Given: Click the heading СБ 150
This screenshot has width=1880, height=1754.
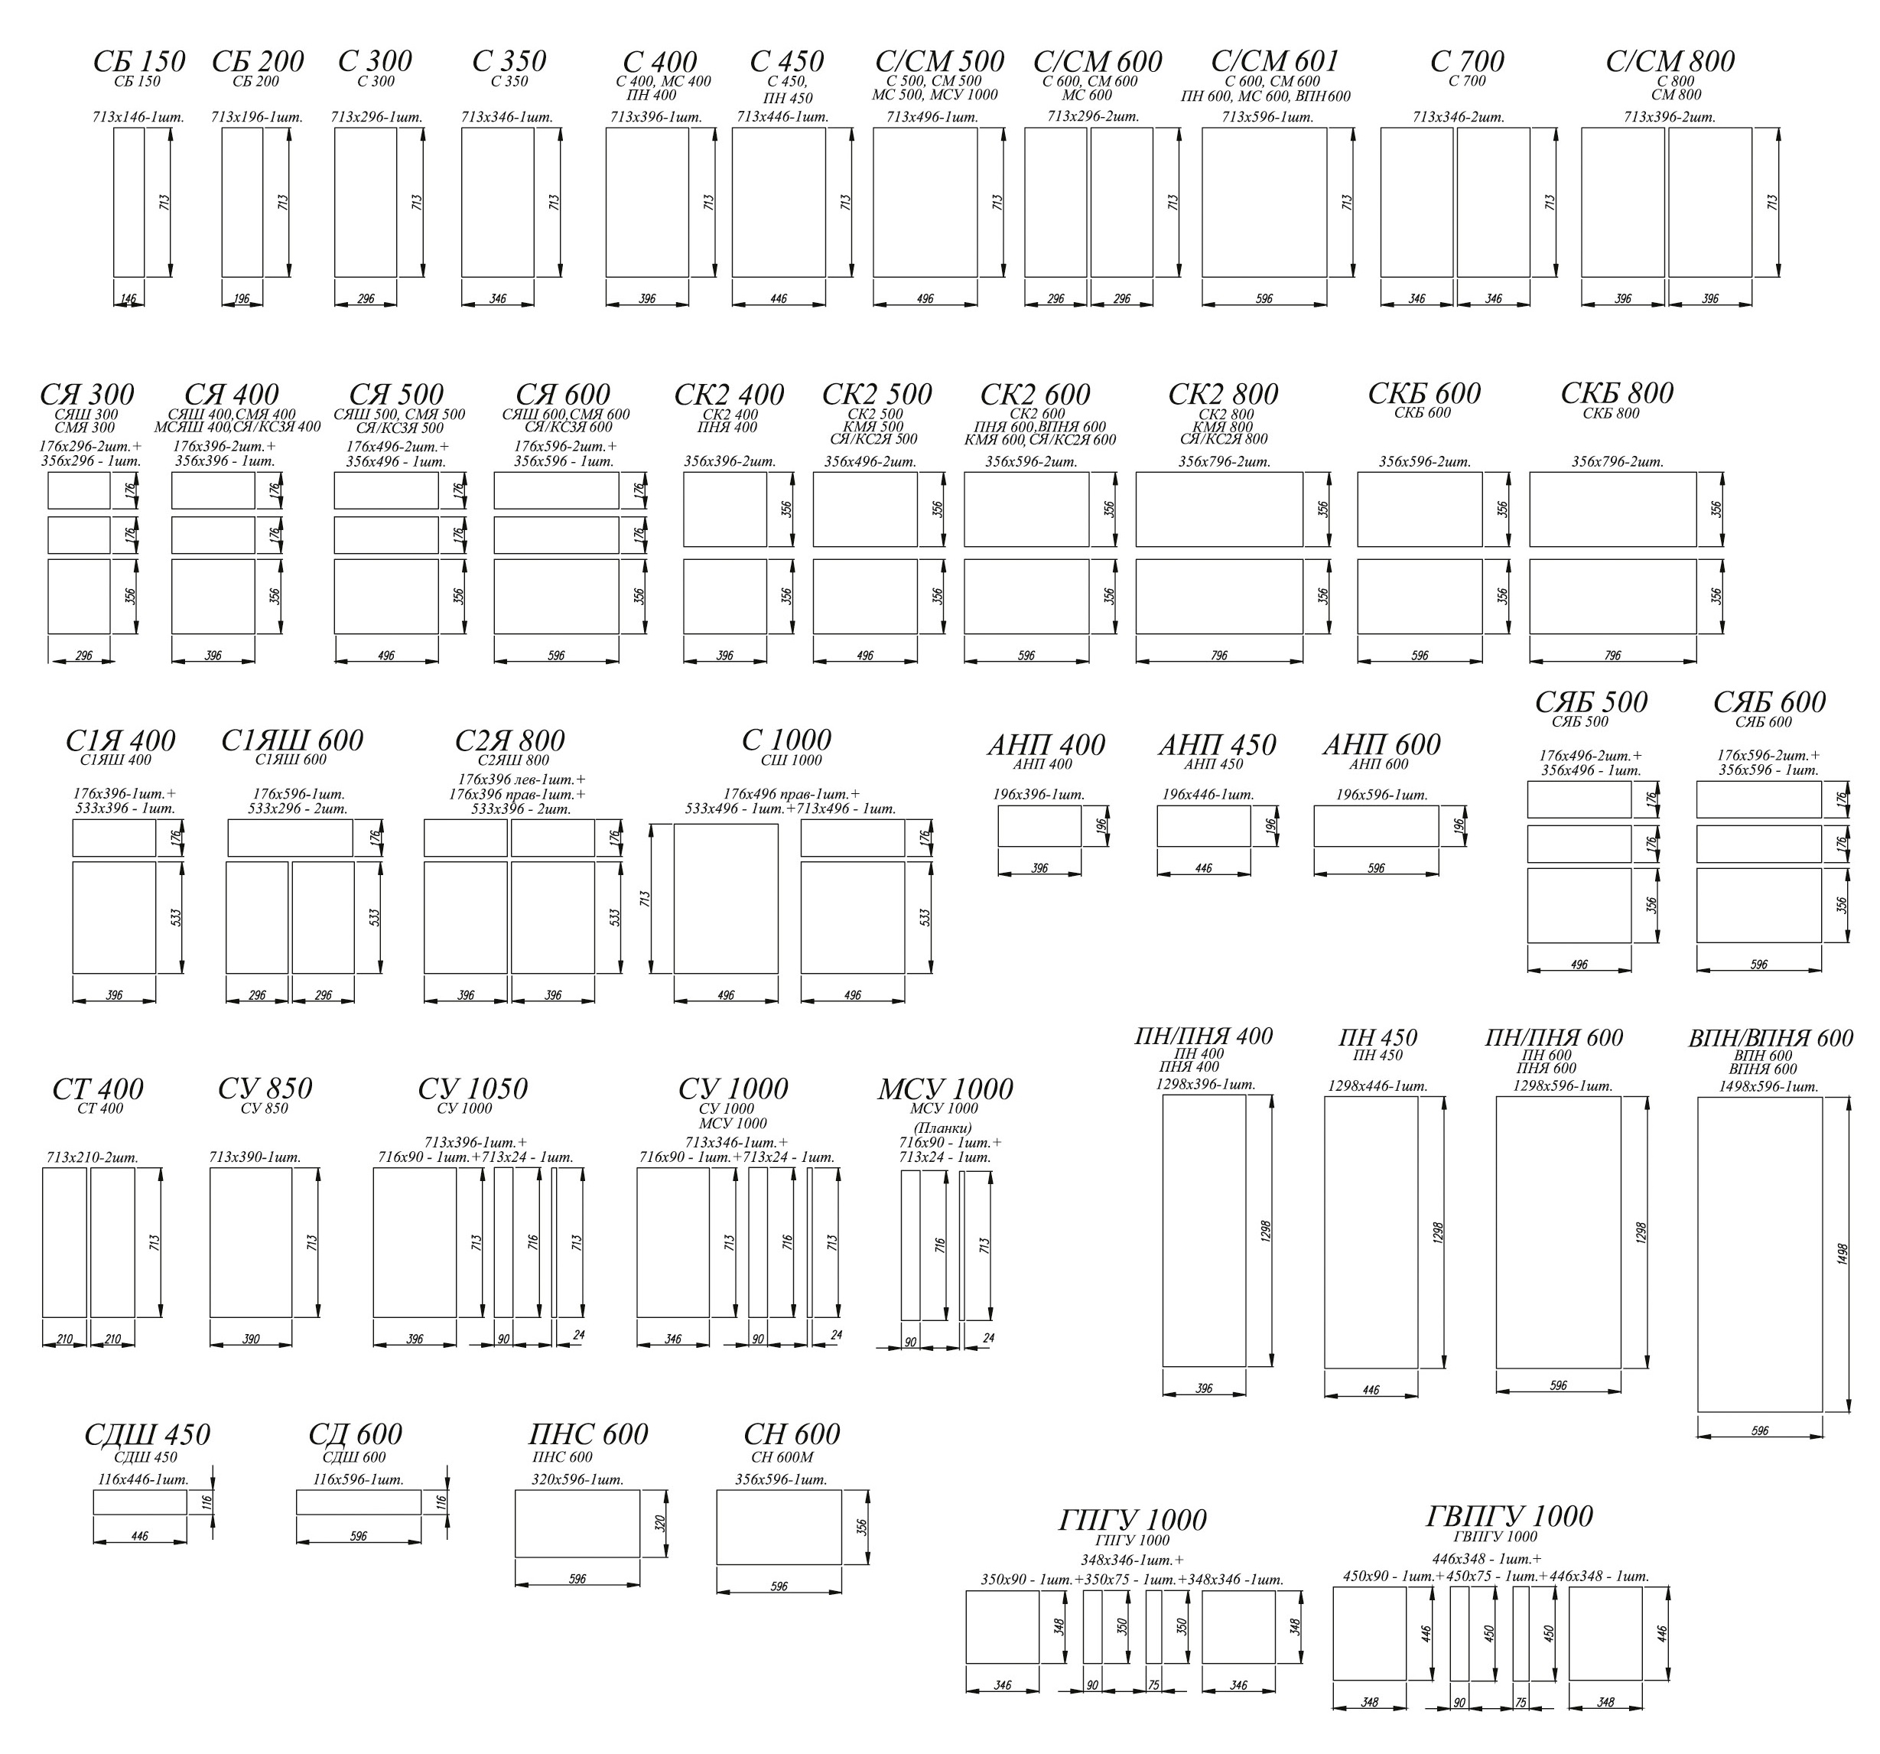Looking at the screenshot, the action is pos(139,61).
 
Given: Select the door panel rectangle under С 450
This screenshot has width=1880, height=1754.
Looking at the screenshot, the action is pos(779,203).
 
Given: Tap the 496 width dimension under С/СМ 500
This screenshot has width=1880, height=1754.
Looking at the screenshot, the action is pos(925,299).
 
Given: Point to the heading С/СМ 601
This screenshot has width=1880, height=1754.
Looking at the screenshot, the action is pos(1275,61).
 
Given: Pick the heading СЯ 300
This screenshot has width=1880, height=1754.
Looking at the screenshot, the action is pos(87,394).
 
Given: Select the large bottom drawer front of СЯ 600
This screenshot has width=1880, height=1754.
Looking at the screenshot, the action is pos(556,597).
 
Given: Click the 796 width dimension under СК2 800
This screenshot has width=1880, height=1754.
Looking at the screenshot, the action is pos(1219,656).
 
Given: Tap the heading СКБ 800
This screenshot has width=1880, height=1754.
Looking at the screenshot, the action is pos(1617,392).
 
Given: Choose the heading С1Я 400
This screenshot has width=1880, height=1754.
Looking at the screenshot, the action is pos(120,740).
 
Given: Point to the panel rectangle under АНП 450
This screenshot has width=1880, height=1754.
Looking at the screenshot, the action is pos(1204,825).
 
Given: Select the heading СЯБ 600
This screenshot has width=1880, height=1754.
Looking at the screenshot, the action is pos(1769,701).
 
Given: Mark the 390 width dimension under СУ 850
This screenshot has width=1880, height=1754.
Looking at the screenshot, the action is pos(251,1339).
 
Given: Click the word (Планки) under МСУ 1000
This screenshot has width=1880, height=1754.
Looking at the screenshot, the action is pos(943,1128).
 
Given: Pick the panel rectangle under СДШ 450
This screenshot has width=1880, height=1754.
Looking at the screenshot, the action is pos(140,1502).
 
